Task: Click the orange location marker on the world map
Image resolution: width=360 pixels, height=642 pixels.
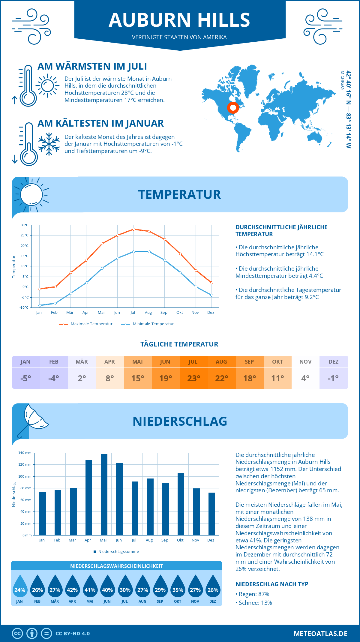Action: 233,107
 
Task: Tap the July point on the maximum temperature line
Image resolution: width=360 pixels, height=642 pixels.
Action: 133,229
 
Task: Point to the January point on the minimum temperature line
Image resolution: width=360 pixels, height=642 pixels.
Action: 40,305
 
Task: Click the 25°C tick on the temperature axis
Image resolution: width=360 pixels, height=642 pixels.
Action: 25,235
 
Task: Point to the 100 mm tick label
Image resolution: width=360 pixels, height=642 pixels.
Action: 25,476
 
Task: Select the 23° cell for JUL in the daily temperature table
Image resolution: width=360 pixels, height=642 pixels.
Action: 193,378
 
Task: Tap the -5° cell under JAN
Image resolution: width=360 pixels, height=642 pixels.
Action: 26,378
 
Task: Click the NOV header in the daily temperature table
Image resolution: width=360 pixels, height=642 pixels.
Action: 305,361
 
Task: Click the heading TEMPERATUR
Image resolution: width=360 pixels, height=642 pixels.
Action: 179,194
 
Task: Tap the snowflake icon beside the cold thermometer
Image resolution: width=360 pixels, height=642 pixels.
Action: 49,144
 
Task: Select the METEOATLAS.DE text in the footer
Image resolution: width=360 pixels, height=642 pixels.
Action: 320,634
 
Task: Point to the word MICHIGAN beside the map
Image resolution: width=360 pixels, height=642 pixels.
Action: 342,81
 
